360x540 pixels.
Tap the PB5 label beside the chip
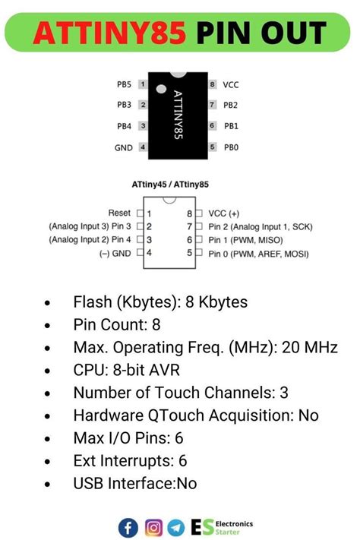tap(125, 84)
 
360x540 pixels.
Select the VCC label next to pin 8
tap(231, 84)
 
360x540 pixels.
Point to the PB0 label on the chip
tap(231, 147)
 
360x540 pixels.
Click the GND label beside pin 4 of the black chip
tap(124, 147)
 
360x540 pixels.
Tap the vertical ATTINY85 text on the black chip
tap(178, 115)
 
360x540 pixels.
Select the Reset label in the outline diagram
tap(120, 214)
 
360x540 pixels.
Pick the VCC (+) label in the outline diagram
tap(227, 214)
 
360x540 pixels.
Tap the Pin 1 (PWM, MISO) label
tap(242, 239)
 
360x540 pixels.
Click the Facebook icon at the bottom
tap(128, 526)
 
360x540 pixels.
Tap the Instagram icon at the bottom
tap(153, 526)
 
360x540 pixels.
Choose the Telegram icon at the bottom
tap(176, 526)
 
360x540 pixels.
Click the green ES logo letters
tap(202, 526)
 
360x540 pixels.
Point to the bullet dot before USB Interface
tap(49, 484)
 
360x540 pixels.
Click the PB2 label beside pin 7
tap(231, 105)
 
